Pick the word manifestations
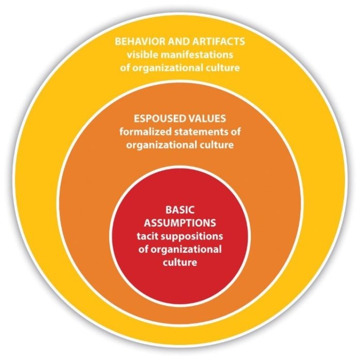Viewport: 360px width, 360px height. (195, 55)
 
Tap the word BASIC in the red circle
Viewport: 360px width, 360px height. (180, 210)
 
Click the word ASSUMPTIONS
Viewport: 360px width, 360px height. (180, 223)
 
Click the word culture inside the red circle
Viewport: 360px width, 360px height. (180, 262)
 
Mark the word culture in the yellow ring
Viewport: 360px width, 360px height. (223, 68)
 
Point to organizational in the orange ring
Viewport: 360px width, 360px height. (161, 145)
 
